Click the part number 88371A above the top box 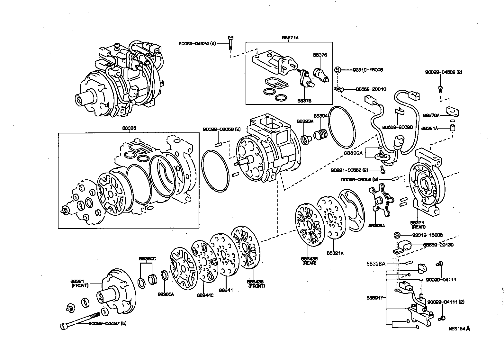click(x=290, y=38)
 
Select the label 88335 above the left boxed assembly click(x=129, y=128)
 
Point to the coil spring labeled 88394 click(x=320, y=134)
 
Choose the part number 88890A click(x=353, y=153)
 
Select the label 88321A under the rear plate click(x=335, y=253)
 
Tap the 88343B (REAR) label click(x=309, y=260)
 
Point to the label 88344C click(x=205, y=295)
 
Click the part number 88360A click(x=166, y=294)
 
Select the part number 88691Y click(x=374, y=298)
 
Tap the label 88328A click(x=376, y=264)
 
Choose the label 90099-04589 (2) click(x=443, y=72)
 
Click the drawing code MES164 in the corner click(x=457, y=329)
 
